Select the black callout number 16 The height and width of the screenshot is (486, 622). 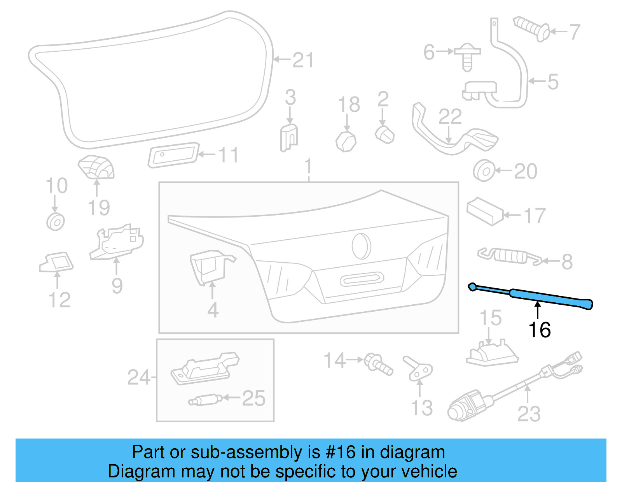point(540,330)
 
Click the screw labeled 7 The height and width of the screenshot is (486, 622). point(531,28)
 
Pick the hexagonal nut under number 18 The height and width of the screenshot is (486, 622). point(346,141)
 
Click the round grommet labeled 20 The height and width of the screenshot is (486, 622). point(484,171)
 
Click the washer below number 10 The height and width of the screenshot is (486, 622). point(56,222)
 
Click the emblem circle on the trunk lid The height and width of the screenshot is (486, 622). point(361,246)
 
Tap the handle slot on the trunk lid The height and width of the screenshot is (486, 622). point(362,279)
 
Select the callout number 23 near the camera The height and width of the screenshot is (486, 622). point(529,414)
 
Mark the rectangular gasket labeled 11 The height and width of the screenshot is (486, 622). point(173,155)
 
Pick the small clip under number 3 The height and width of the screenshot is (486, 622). point(289,137)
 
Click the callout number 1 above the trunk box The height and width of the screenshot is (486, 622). point(308,167)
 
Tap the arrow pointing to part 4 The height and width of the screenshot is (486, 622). point(212,290)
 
